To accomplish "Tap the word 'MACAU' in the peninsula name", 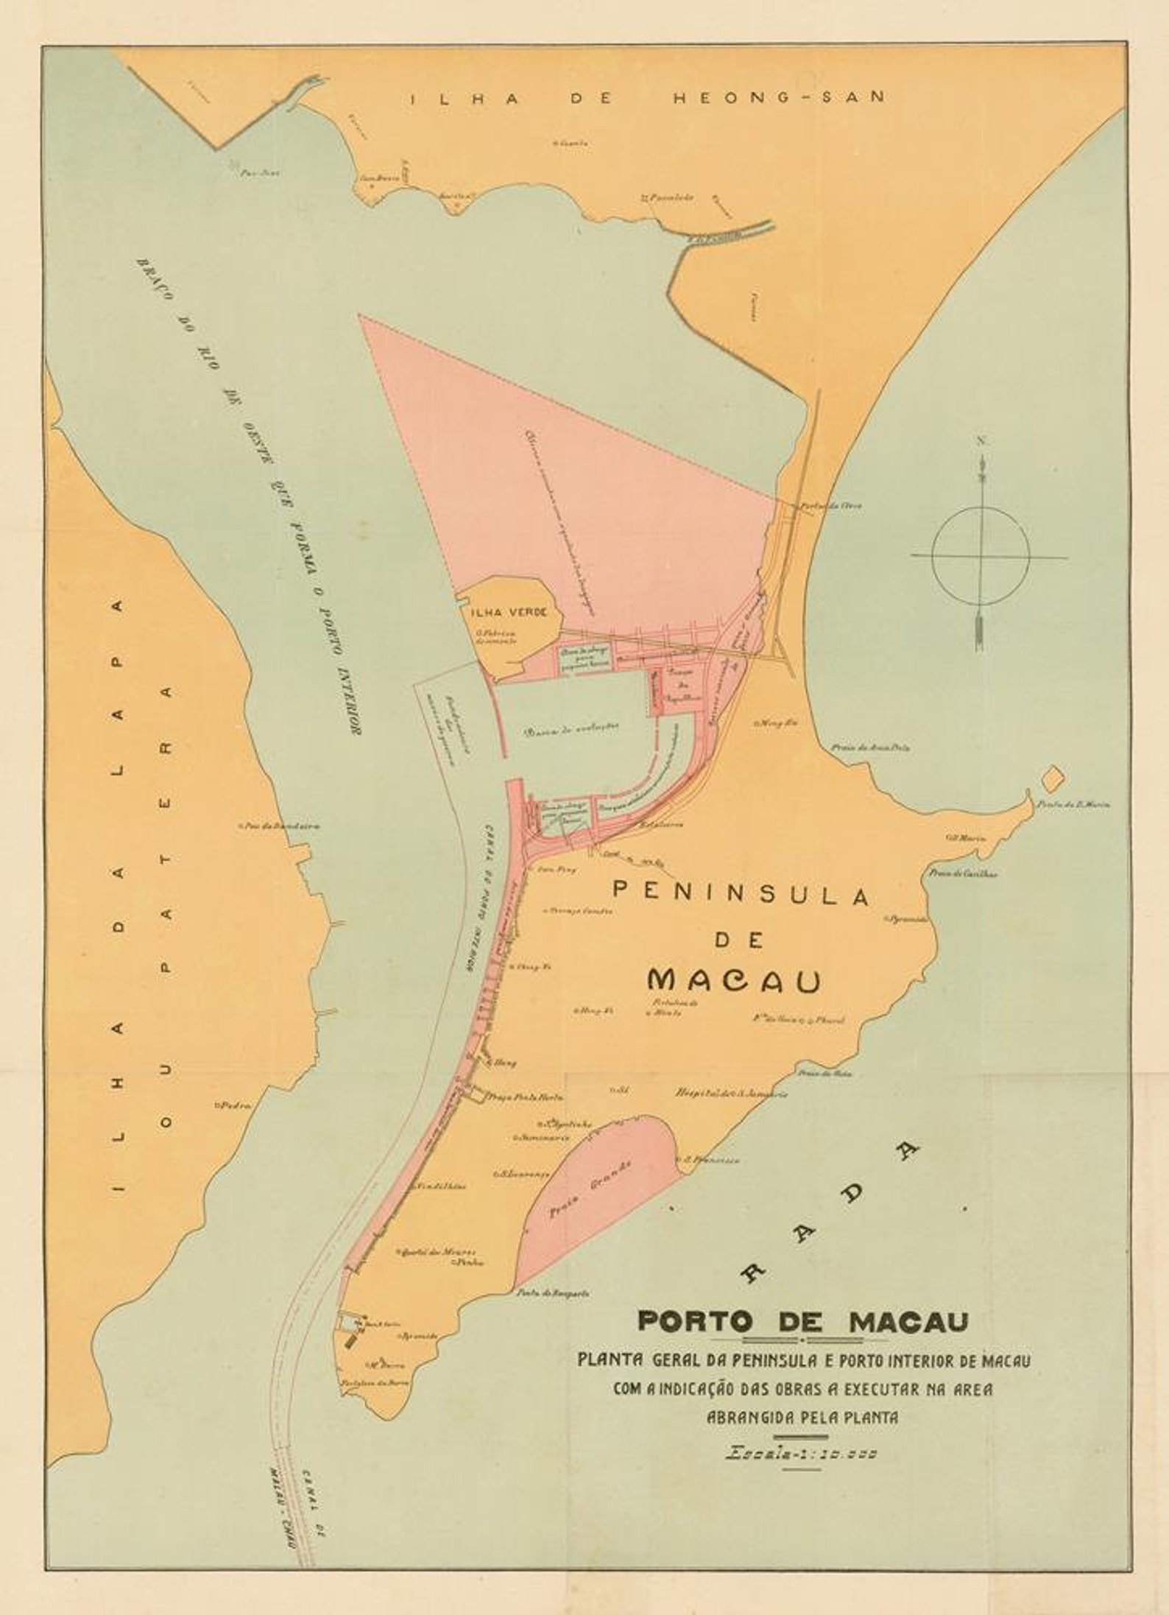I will [x=735, y=979].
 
